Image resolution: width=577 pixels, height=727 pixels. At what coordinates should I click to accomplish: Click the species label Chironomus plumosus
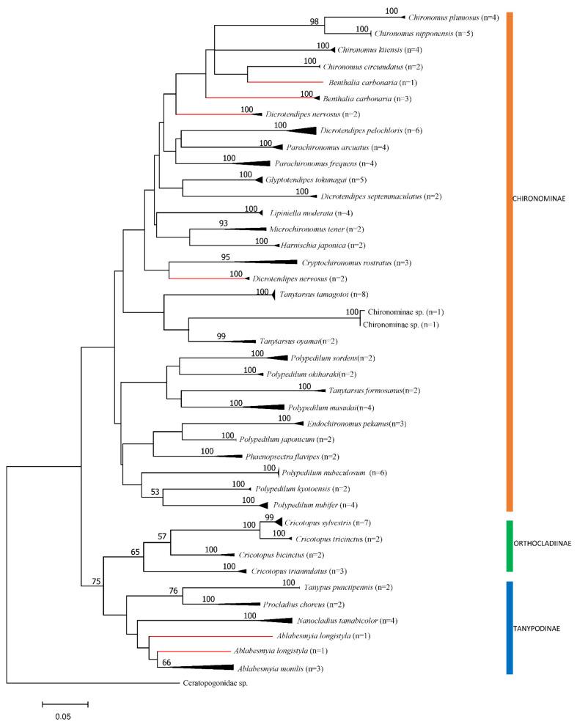pos(442,17)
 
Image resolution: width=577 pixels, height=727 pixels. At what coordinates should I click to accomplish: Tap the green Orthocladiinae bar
pos(509,545)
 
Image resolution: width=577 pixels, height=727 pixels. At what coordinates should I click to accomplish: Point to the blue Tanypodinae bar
pos(509,627)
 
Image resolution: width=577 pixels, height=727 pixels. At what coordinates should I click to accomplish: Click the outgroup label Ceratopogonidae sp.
pos(215,683)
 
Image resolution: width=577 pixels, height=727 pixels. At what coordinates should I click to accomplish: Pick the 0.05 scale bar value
pos(65,717)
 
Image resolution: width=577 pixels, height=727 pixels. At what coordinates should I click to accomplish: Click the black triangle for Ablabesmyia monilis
pos(205,668)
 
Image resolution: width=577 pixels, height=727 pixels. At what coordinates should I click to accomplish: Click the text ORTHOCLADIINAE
pos(543,543)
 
